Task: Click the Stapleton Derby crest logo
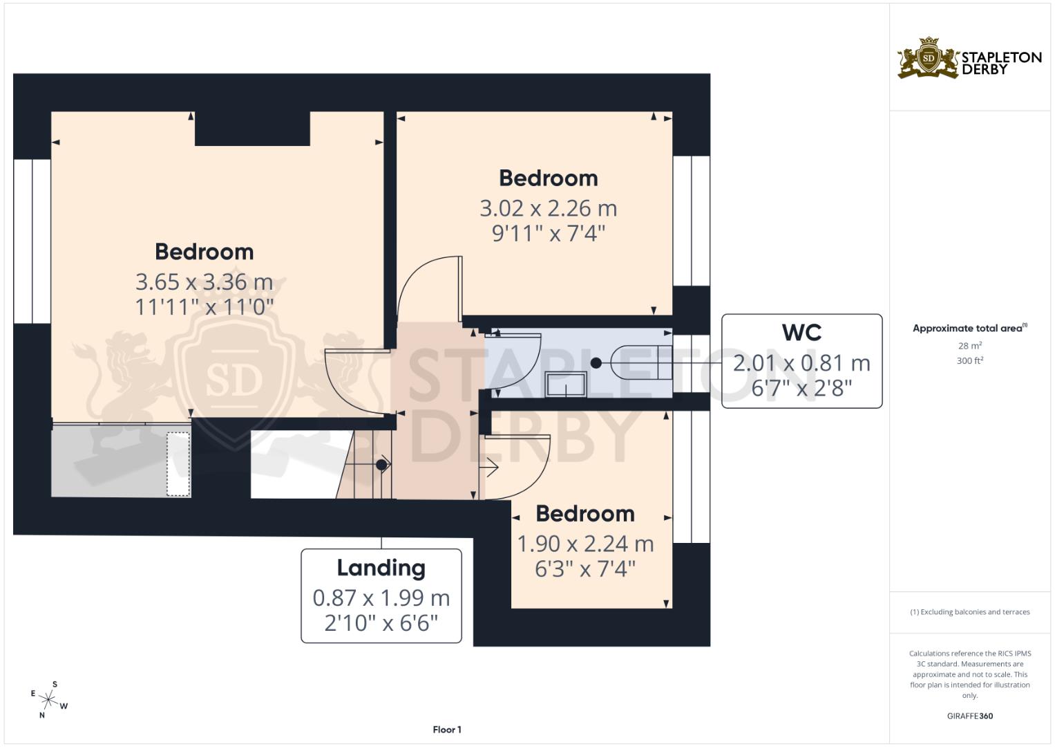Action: click(x=929, y=57)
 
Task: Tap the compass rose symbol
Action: click(x=48, y=700)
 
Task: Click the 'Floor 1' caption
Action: click(x=447, y=730)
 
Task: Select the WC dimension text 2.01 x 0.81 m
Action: click(x=801, y=363)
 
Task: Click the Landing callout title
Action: click(x=381, y=568)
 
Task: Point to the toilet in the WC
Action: click(x=641, y=362)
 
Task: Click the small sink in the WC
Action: click(x=566, y=385)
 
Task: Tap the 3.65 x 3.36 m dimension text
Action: click(x=205, y=282)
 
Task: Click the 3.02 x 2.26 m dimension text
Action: click(x=548, y=208)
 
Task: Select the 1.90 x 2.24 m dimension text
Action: click(x=585, y=544)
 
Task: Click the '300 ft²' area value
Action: click(x=970, y=361)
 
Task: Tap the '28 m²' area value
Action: click(x=970, y=346)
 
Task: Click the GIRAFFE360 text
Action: click(x=970, y=716)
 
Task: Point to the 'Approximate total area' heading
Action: click(x=970, y=329)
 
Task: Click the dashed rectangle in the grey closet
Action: click(x=178, y=464)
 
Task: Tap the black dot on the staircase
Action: click(x=381, y=465)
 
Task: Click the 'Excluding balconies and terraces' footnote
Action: click(x=970, y=612)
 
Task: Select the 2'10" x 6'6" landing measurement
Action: click(x=381, y=623)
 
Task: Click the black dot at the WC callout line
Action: click(x=596, y=362)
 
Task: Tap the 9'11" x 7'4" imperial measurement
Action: click(x=548, y=234)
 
